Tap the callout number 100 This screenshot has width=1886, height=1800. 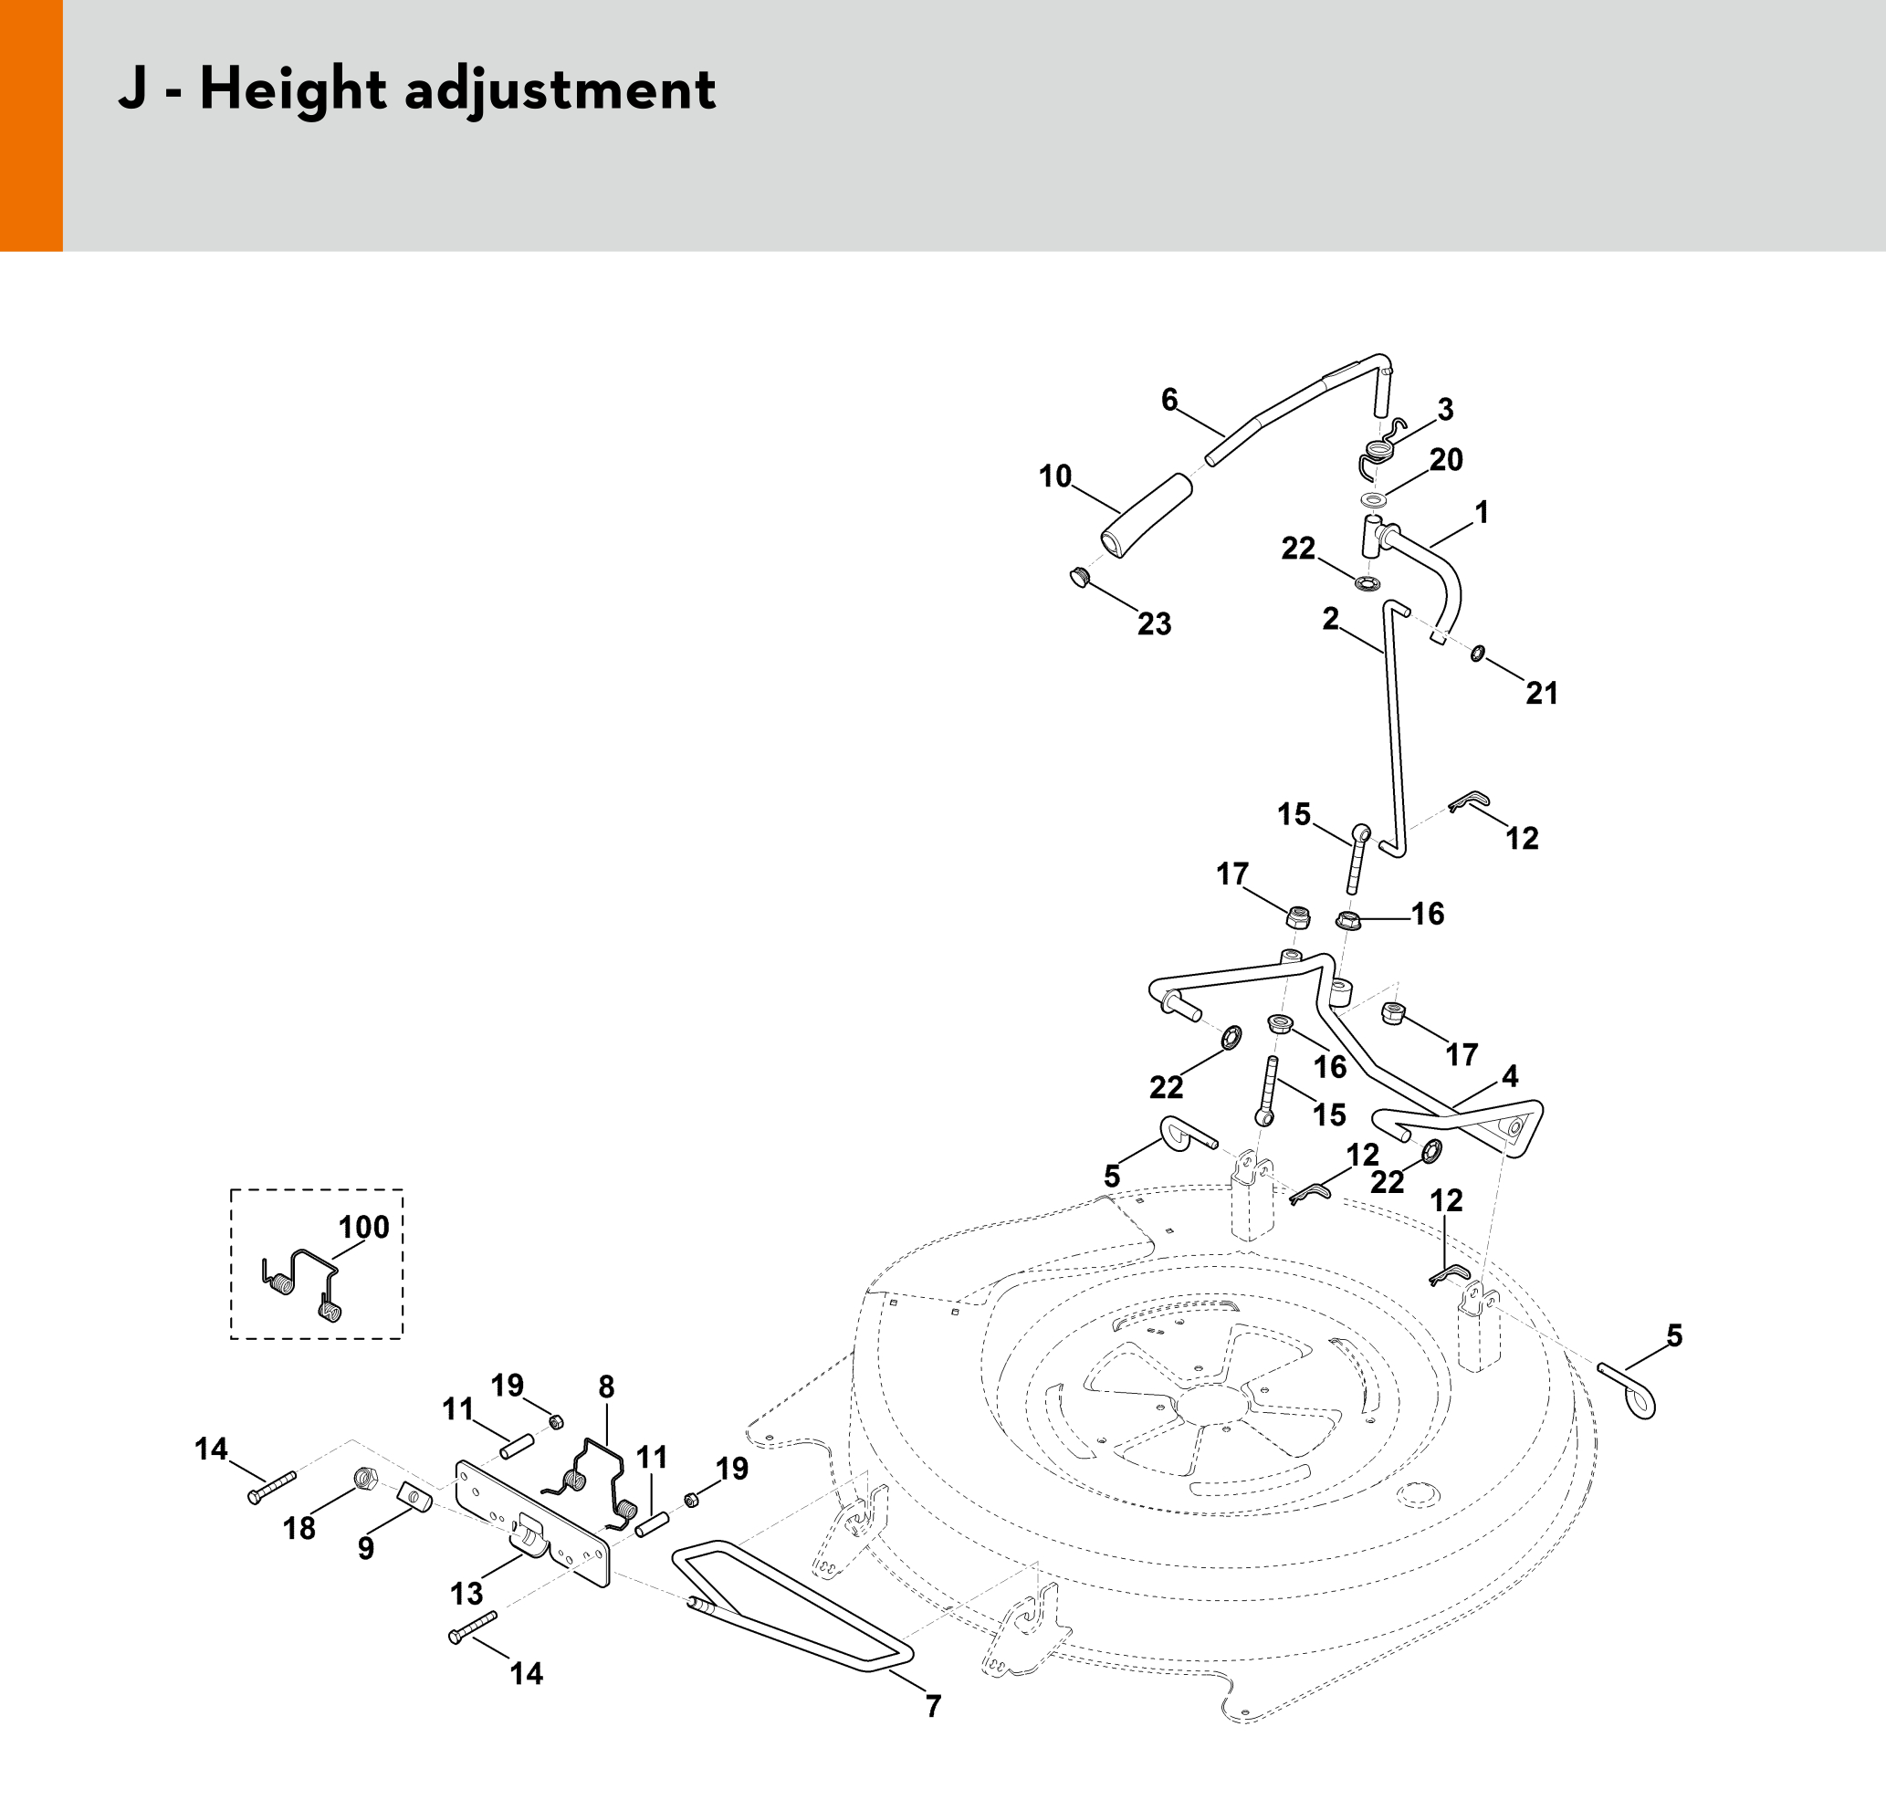coord(363,1227)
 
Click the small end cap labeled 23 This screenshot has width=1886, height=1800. coord(1081,578)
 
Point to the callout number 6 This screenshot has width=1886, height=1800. coord(1169,400)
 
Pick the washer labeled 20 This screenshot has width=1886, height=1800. coord(1374,500)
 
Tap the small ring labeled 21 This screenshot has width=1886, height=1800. coord(1478,654)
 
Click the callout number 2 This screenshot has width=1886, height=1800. coord(1329,619)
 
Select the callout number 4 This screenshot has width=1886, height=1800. coord(1510,1076)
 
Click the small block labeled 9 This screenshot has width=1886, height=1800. coord(414,1495)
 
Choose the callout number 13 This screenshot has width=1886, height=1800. coord(466,1594)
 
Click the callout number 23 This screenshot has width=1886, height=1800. coord(1155,624)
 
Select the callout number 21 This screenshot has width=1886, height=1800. coord(1542,693)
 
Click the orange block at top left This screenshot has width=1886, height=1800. coord(31,125)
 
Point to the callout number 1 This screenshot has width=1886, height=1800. coord(1481,512)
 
